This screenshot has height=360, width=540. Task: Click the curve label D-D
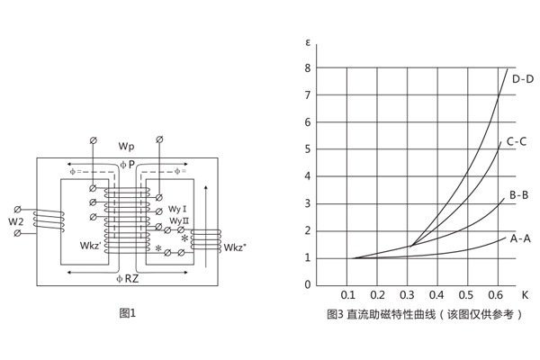[523, 78]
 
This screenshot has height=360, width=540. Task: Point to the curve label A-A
[521, 238]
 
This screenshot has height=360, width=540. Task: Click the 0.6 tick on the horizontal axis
[495, 294]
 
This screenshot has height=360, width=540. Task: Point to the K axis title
[525, 294]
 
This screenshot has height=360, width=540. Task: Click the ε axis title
[308, 43]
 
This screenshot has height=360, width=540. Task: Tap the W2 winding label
[16, 220]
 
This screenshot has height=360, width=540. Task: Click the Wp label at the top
[126, 145]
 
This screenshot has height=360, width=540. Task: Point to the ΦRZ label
[128, 278]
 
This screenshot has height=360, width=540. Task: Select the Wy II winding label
[179, 220]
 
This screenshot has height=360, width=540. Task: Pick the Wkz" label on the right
[236, 247]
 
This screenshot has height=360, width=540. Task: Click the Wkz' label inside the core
[92, 245]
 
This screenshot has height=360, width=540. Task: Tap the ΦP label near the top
[127, 165]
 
